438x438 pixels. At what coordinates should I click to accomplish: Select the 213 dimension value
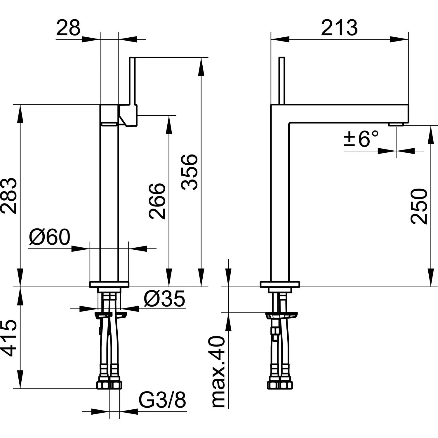click(x=339, y=28)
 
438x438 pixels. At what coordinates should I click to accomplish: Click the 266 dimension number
click(x=157, y=201)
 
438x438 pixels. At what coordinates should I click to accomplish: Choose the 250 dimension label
click(x=419, y=206)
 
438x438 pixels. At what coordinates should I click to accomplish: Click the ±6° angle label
click(x=361, y=138)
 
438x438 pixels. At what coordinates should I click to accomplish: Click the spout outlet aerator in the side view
click(x=396, y=125)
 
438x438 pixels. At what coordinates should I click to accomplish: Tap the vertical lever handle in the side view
click(x=282, y=80)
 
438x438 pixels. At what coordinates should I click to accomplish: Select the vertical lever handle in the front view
click(x=132, y=80)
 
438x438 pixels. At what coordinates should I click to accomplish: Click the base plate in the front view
click(x=109, y=284)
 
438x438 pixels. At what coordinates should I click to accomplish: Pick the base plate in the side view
click(x=280, y=284)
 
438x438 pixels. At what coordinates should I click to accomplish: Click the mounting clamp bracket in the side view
click(x=281, y=316)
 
